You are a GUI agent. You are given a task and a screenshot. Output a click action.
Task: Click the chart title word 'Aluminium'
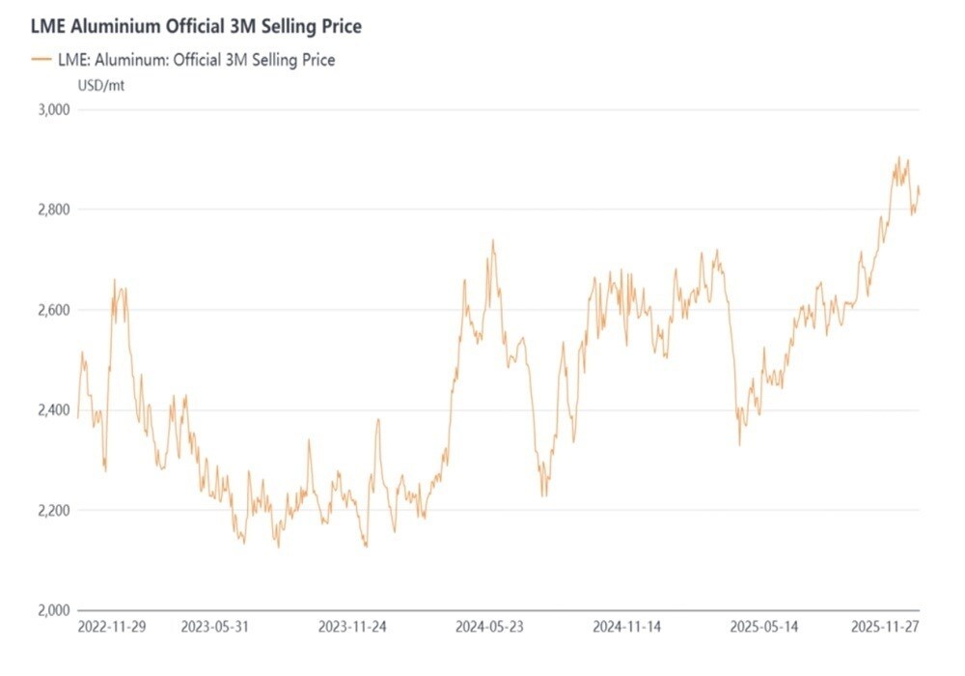click(x=109, y=26)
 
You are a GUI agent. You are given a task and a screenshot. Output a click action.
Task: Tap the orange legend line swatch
click(x=41, y=60)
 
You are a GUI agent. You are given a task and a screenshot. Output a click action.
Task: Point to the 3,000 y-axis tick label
click(x=54, y=109)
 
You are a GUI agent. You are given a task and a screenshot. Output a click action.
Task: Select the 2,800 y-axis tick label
click(x=54, y=210)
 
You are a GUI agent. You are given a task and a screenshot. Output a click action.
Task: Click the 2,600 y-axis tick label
click(x=54, y=310)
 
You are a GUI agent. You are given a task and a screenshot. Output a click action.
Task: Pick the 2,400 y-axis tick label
click(x=54, y=410)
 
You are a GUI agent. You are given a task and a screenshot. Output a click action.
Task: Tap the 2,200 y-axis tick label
click(x=54, y=510)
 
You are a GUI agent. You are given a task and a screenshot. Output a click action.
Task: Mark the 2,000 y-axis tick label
click(x=54, y=610)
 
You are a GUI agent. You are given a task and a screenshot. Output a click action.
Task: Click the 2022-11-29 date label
click(x=112, y=627)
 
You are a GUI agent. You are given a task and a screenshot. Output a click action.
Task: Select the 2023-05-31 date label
click(x=214, y=627)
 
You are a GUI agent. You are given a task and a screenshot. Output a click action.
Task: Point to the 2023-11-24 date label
click(x=352, y=627)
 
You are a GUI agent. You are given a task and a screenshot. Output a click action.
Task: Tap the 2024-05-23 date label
click(x=490, y=627)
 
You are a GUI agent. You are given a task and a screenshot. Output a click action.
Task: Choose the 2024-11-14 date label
click(x=627, y=627)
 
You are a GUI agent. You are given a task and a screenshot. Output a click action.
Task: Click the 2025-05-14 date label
click(x=765, y=627)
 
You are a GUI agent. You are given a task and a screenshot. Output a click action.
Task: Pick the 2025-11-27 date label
click(x=885, y=627)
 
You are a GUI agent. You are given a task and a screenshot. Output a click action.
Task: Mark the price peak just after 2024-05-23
click(x=493, y=241)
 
